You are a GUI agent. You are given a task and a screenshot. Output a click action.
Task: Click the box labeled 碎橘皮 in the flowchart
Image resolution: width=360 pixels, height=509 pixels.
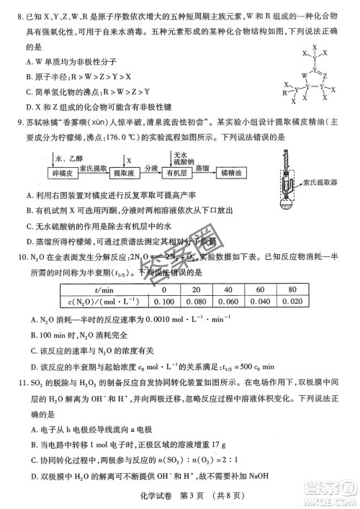[56, 174]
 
